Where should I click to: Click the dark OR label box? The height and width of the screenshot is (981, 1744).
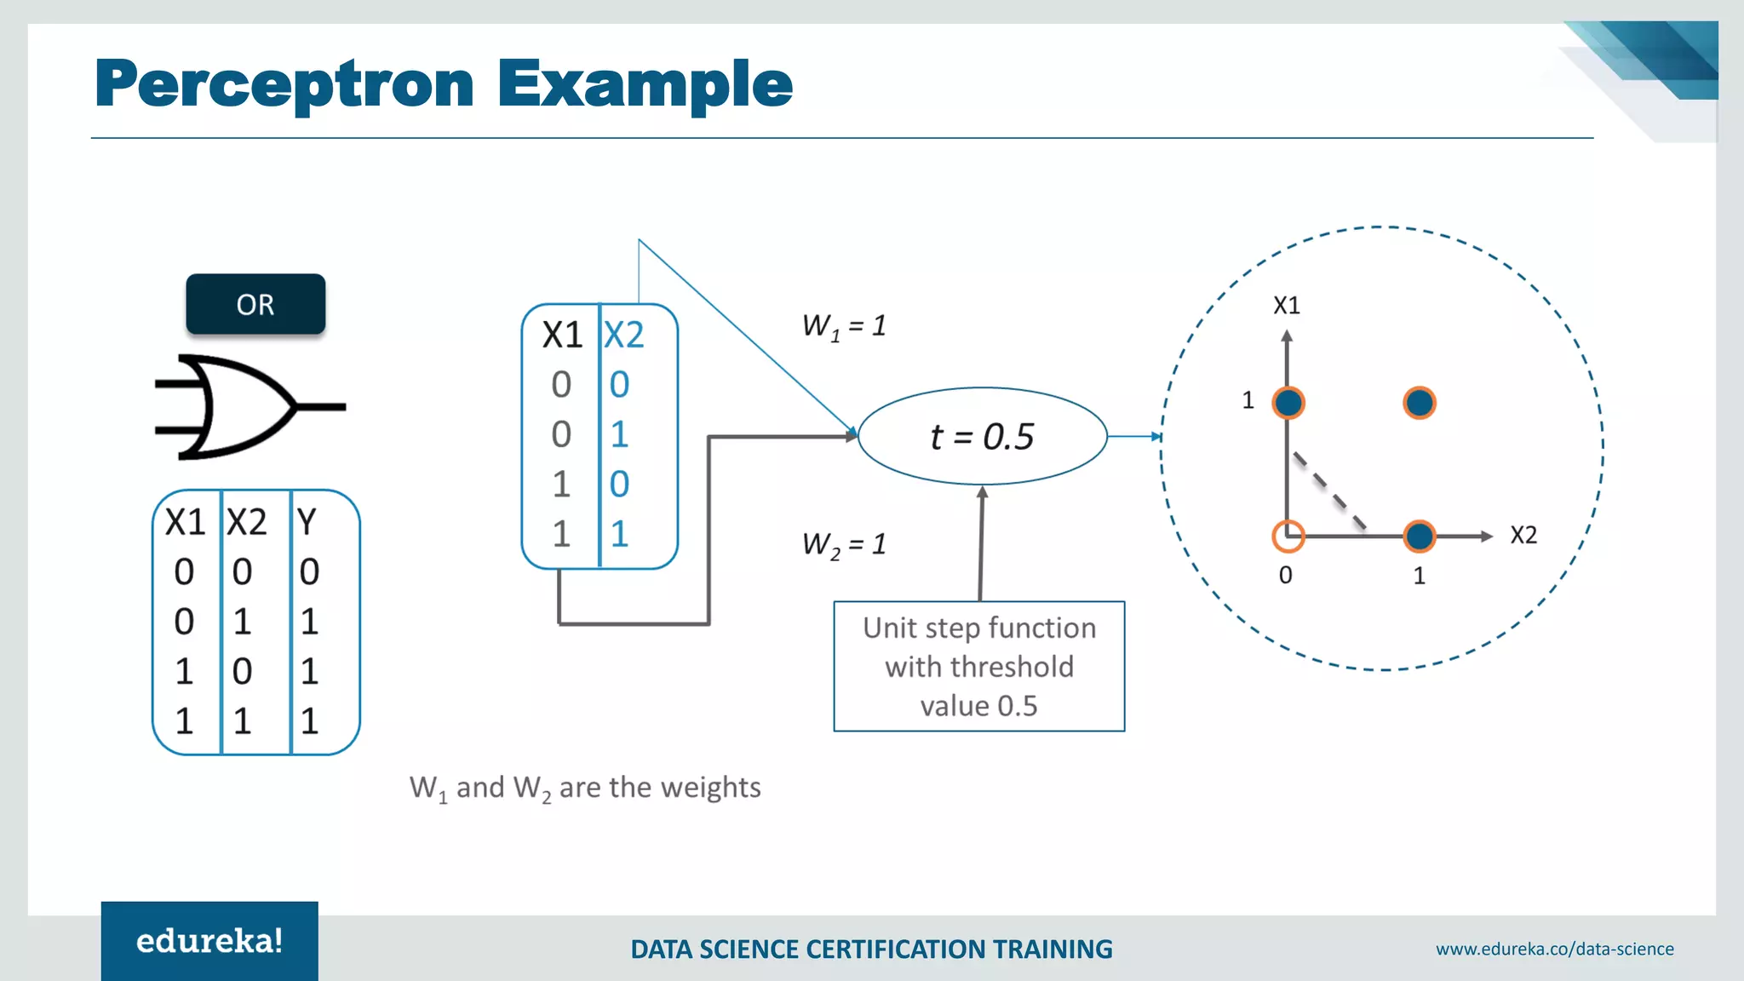coord(255,304)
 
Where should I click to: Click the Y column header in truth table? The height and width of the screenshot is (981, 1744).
coord(307,521)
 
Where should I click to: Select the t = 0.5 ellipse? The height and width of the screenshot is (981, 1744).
coord(982,436)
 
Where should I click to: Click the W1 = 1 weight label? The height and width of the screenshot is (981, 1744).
coord(844,325)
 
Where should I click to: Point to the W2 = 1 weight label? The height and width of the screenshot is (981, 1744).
coord(844,543)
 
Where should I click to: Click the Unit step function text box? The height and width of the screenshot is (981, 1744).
coord(978,666)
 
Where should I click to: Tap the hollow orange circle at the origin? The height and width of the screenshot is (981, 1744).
coord(1288,536)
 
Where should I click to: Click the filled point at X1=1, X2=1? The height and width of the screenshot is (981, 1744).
coord(1419,403)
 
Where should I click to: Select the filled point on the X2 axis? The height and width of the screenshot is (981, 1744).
coord(1419,536)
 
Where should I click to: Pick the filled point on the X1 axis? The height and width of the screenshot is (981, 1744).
coord(1288,403)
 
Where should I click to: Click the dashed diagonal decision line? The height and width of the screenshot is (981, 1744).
coord(1329,490)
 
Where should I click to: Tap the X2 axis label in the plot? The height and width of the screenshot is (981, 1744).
coord(1523,535)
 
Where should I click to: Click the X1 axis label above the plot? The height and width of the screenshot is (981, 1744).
coord(1286,305)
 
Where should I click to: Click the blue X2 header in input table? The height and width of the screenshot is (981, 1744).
coord(623,335)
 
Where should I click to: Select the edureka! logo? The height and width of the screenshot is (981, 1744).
coord(209,940)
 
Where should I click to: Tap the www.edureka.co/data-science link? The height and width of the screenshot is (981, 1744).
coord(1554,949)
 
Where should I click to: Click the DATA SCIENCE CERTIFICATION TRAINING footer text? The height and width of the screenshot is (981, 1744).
coord(871,949)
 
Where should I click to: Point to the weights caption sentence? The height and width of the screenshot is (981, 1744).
coord(585,788)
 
